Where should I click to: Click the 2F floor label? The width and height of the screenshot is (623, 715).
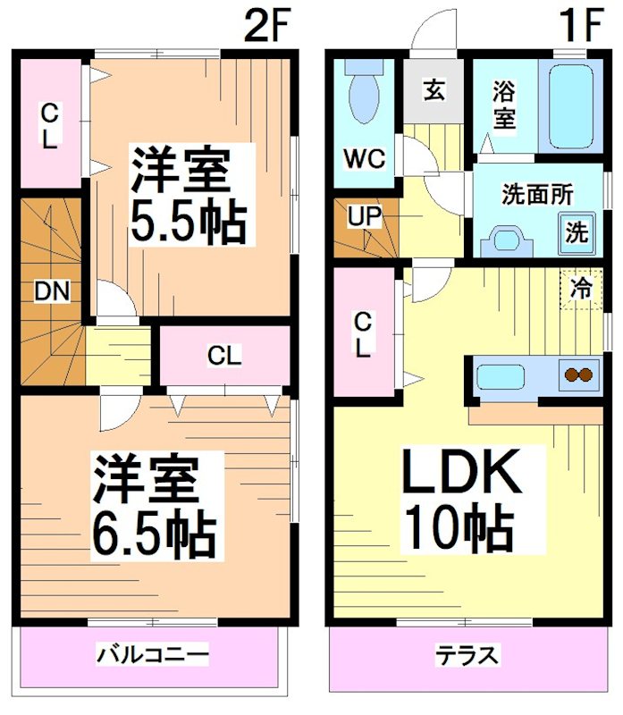click(x=269, y=28)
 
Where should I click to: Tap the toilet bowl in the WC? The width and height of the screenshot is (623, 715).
click(x=364, y=98)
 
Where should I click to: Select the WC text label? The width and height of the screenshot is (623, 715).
click(x=364, y=160)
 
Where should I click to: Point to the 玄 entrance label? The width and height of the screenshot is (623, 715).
click(x=434, y=90)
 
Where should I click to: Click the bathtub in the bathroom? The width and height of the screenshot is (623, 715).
click(x=572, y=108)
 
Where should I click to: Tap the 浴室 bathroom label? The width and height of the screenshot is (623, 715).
click(x=504, y=105)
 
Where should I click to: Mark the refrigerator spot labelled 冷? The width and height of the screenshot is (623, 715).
click(x=581, y=288)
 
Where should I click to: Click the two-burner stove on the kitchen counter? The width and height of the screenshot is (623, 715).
click(x=580, y=375)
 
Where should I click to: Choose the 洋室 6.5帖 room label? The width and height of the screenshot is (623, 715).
click(x=155, y=506)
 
